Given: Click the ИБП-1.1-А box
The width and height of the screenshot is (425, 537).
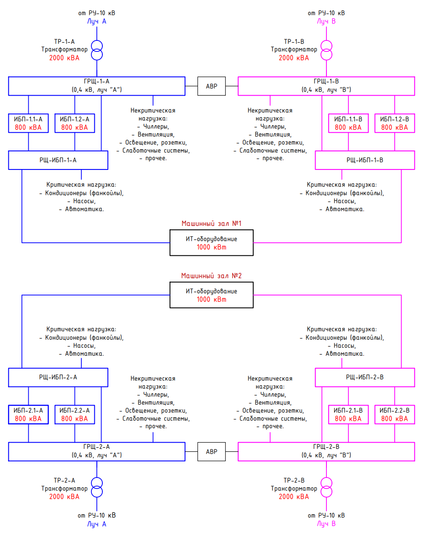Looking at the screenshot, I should pyautogui.click(x=28, y=123).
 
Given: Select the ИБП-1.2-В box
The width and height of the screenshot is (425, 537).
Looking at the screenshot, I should pyautogui.click(x=395, y=123).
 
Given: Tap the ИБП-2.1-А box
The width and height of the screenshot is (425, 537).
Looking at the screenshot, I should pyautogui.click(x=28, y=414).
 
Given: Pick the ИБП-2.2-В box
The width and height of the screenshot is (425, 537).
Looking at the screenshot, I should pyautogui.click(x=395, y=414).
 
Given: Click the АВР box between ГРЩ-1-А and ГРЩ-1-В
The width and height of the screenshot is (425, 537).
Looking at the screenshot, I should pyautogui.click(x=211, y=86).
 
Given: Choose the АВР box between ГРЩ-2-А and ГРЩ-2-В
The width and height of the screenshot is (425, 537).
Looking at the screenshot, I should pyautogui.click(x=211, y=451).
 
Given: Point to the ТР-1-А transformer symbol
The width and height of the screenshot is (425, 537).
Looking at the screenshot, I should pyautogui.click(x=97, y=50).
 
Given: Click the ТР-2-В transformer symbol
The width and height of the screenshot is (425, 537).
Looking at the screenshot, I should pyautogui.click(x=326, y=487).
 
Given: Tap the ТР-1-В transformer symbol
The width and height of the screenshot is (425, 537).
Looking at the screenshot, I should pyautogui.click(x=326, y=50).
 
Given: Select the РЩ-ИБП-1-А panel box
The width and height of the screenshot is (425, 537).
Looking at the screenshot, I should pyautogui.click(x=58, y=160).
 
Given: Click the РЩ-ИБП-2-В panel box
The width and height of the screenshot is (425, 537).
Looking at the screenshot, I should pyautogui.click(x=365, y=377).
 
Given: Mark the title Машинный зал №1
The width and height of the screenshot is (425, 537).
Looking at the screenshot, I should pyautogui.click(x=211, y=223).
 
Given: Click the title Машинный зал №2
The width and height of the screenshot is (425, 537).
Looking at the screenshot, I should pyautogui.click(x=211, y=276).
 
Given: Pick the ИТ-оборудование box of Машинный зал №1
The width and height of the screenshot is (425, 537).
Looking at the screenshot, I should pyautogui.click(x=211, y=242).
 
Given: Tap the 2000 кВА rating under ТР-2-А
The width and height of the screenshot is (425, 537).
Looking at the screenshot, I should pyautogui.click(x=64, y=497).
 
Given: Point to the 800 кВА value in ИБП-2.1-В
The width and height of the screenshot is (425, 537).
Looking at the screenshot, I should pyautogui.click(x=348, y=419).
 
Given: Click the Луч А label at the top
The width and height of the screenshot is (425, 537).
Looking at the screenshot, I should pyautogui.click(x=97, y=21).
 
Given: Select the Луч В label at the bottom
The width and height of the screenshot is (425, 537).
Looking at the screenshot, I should pyautogui.click(x=326, y=524).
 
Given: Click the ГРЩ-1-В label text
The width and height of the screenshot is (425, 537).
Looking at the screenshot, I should pyautogui.click(x=326, y=81).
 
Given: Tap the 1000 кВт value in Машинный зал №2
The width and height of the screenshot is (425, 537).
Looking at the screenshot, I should pyautogui.click(x=211, y=299).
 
